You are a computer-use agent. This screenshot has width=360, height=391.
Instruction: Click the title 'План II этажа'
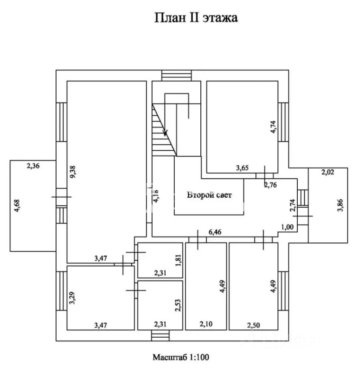coord(196,18)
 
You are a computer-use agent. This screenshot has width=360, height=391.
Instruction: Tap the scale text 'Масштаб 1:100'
coord(181,357)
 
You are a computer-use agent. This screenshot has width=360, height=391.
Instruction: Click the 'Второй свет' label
coord(209,195)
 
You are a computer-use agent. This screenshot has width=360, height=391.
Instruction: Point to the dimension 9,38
coord(73,172)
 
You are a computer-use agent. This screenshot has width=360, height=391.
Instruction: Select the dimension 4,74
coord(273,127)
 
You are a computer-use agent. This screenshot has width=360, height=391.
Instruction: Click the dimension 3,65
coord(242,168)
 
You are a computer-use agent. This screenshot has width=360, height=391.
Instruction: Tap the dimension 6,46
coord(215,232)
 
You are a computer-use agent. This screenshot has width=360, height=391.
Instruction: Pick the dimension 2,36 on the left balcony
coord(33,166)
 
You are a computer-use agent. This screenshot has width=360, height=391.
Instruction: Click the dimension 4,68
coord(17,206)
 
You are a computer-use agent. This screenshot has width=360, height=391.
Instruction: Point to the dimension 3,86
coord(340,205)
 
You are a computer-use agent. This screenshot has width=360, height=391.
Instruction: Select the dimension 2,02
coord(327,172)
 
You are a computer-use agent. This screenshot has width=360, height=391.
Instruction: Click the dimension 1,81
coord(178,260)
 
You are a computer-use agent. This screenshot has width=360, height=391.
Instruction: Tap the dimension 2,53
coord(178,305)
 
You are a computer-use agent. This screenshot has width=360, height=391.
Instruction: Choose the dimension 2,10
coord(206,324)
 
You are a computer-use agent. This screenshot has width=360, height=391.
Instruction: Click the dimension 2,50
coord(254,325)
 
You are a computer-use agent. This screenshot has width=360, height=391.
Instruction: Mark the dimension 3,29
coord(72,298)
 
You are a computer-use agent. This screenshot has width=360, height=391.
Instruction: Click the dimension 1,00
coord(288,227)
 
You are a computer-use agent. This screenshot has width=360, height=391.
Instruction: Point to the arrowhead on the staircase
coord(165,133)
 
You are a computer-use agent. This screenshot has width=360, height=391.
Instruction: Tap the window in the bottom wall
coord(160,335)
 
